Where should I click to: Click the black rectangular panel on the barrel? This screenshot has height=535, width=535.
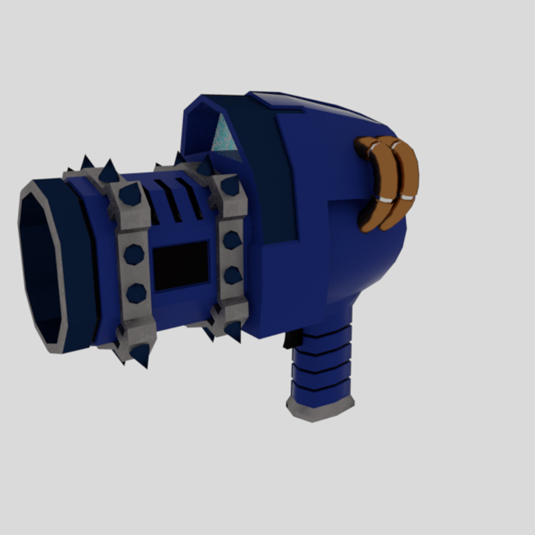pos(181,266)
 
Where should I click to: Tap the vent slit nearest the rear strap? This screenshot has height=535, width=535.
pos(190,198)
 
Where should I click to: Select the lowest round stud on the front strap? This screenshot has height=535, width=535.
pos(136,293)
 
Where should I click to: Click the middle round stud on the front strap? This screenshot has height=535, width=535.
pos(134,254)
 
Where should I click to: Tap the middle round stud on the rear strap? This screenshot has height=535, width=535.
pos(231,240)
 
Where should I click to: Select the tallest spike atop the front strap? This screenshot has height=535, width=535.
pos(109,171)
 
